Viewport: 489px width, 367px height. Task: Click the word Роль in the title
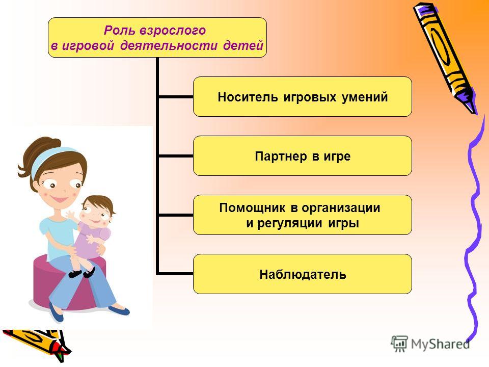tap(119, 31)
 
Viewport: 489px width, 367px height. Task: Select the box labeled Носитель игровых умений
tap(303, 97)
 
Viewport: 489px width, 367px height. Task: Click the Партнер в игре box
tap(303, 156)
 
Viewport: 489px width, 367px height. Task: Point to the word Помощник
tap(252, 208)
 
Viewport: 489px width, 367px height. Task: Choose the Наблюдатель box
tap(303, 274)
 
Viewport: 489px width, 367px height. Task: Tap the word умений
tap(365, 97)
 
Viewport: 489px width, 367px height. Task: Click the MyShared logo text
tap(440, 344)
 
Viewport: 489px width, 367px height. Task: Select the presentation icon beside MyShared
tap(399, 344)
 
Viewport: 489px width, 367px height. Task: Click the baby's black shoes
tap(81, 273)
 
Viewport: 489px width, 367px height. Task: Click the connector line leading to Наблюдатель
tap(175, 274)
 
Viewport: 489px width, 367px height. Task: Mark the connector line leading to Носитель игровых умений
tap(176, 97)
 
